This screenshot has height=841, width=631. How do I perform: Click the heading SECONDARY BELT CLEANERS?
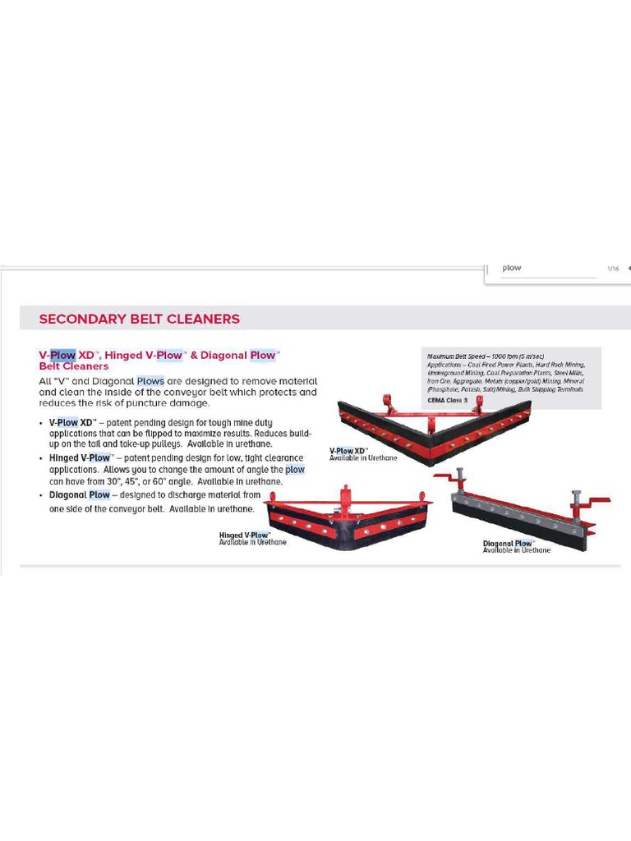(x=140, y=319)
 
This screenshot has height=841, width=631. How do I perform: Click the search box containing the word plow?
(x=542, y=269)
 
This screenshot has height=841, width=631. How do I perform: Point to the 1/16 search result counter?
(x=613, y=269)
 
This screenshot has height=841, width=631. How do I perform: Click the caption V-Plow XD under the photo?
(x=348, y=451)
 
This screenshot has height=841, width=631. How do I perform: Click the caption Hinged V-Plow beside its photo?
(x=244, y=535)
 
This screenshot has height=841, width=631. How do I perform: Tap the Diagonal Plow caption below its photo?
(x=509, y=544)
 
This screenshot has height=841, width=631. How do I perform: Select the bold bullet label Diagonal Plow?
(x=80, y=495)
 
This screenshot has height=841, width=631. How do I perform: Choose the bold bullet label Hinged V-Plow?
(x=80, y=457)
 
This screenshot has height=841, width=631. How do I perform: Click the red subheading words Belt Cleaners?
(x=74, y=366)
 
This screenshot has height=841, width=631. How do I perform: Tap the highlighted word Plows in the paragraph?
(x=150, y=381)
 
